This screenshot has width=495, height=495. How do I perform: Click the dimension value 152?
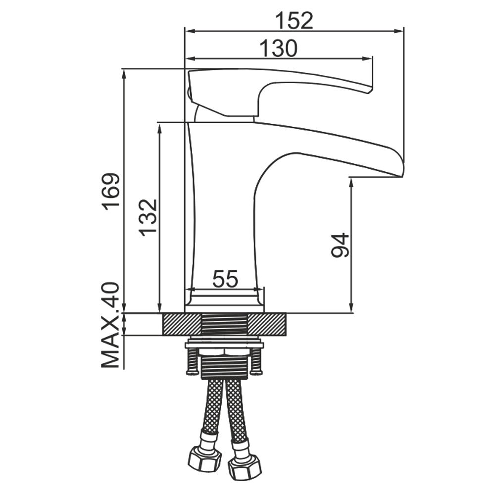coord(294,20)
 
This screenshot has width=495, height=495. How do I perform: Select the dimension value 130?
coord(278,49)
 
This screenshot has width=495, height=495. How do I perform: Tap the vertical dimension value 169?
coord(111,190)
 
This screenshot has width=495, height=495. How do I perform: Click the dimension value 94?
coord(340,245)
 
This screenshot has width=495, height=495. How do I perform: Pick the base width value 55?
coord(225,279)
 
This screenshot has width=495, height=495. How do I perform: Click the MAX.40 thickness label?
coord(110,325)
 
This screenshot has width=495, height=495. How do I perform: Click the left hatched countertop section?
coord(182,324)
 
